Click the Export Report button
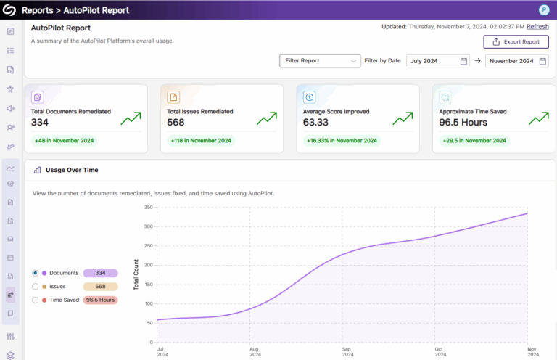516,42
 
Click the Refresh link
537,26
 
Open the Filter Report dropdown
320,61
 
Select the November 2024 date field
518,61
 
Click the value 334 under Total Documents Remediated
41,123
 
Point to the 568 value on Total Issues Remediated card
177,123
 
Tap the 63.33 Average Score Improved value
315,123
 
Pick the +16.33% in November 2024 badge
342,141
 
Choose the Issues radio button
36,287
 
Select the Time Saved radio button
36,300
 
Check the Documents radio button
36,273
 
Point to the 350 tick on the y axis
147,208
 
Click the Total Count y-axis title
136,274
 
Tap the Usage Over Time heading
72,170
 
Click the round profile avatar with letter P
544,10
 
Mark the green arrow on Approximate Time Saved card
538,118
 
